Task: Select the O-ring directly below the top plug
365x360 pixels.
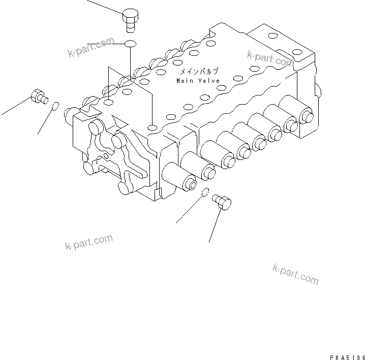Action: pyautogui.click(x=130, y=44)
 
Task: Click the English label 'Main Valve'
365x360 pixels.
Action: pyautogui.click(x=198, y=81)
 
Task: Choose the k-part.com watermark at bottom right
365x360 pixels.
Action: pyautogui.click(x=295, y=274)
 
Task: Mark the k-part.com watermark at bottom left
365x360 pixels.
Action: pyautogui.click(x=89, y=242)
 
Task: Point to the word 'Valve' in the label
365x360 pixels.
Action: pyautogui.click(x=208, y=81)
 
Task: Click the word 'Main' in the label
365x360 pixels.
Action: pyautogui.click(x=184, y=81)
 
